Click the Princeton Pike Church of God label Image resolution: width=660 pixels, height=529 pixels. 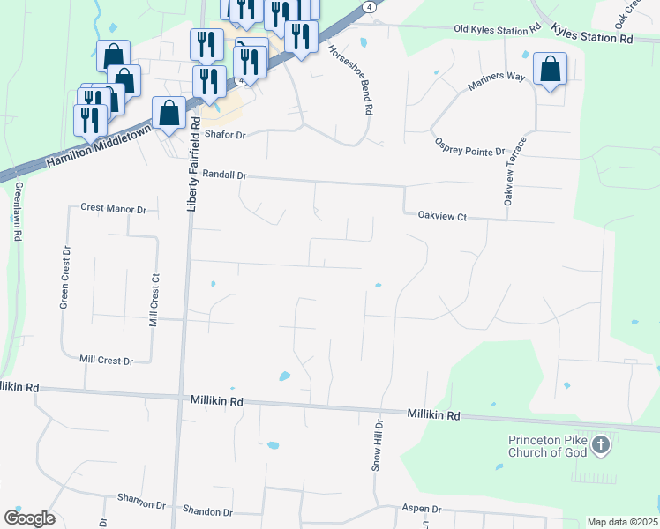(x=547, y=447)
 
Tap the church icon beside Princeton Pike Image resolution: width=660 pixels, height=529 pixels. (x=601, y=444)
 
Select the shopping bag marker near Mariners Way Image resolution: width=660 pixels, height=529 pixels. (x=550, y=70)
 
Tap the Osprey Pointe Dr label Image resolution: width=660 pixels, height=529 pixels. (x=468, y=145)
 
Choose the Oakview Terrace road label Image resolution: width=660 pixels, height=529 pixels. (x=515, y=171)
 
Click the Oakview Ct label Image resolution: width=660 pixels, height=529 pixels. (x=441, y=214)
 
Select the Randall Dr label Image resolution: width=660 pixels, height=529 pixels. (x=223, y=175)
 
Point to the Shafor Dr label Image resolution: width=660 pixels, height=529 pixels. (x=224, y=135)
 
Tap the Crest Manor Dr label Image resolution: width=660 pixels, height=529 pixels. (x=113, y=208)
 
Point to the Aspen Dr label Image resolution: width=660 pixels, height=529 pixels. (x=422, y=510)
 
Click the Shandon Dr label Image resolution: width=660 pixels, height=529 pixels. (x=207, y=511)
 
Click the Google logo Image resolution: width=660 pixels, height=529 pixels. (x=29, y=518)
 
